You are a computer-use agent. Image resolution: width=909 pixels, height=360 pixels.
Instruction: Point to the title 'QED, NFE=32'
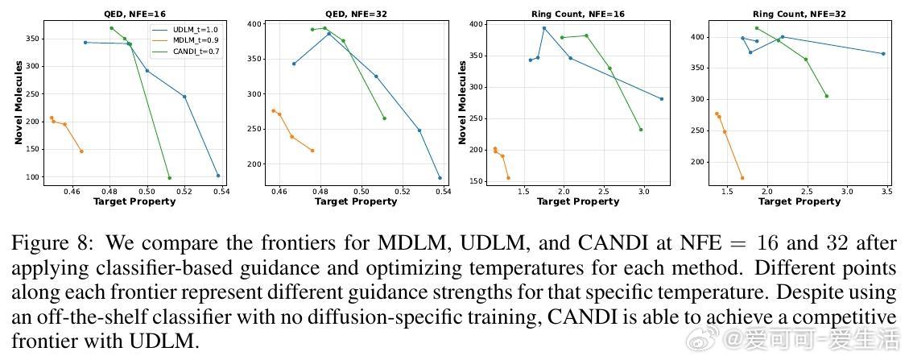click(353, 14)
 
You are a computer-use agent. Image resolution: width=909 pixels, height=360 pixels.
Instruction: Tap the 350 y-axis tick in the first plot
click(32, 39)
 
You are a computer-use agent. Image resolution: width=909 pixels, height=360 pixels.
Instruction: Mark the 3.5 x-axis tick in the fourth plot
click(885, 192)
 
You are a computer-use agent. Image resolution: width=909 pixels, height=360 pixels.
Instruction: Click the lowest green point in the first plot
click(169, 178)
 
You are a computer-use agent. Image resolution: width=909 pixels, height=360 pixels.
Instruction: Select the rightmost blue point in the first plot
click(217, 176)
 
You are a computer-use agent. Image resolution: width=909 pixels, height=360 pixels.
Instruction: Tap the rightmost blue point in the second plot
click(440, 178)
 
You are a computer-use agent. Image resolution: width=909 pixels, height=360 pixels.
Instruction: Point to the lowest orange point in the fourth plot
click(742, 178)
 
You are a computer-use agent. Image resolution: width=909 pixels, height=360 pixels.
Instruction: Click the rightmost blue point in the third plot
click(662, 99)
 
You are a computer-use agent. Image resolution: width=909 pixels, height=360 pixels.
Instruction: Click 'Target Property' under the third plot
click(577, 201)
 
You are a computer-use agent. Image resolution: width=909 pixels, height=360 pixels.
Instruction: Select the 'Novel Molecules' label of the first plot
click(18, 103)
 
